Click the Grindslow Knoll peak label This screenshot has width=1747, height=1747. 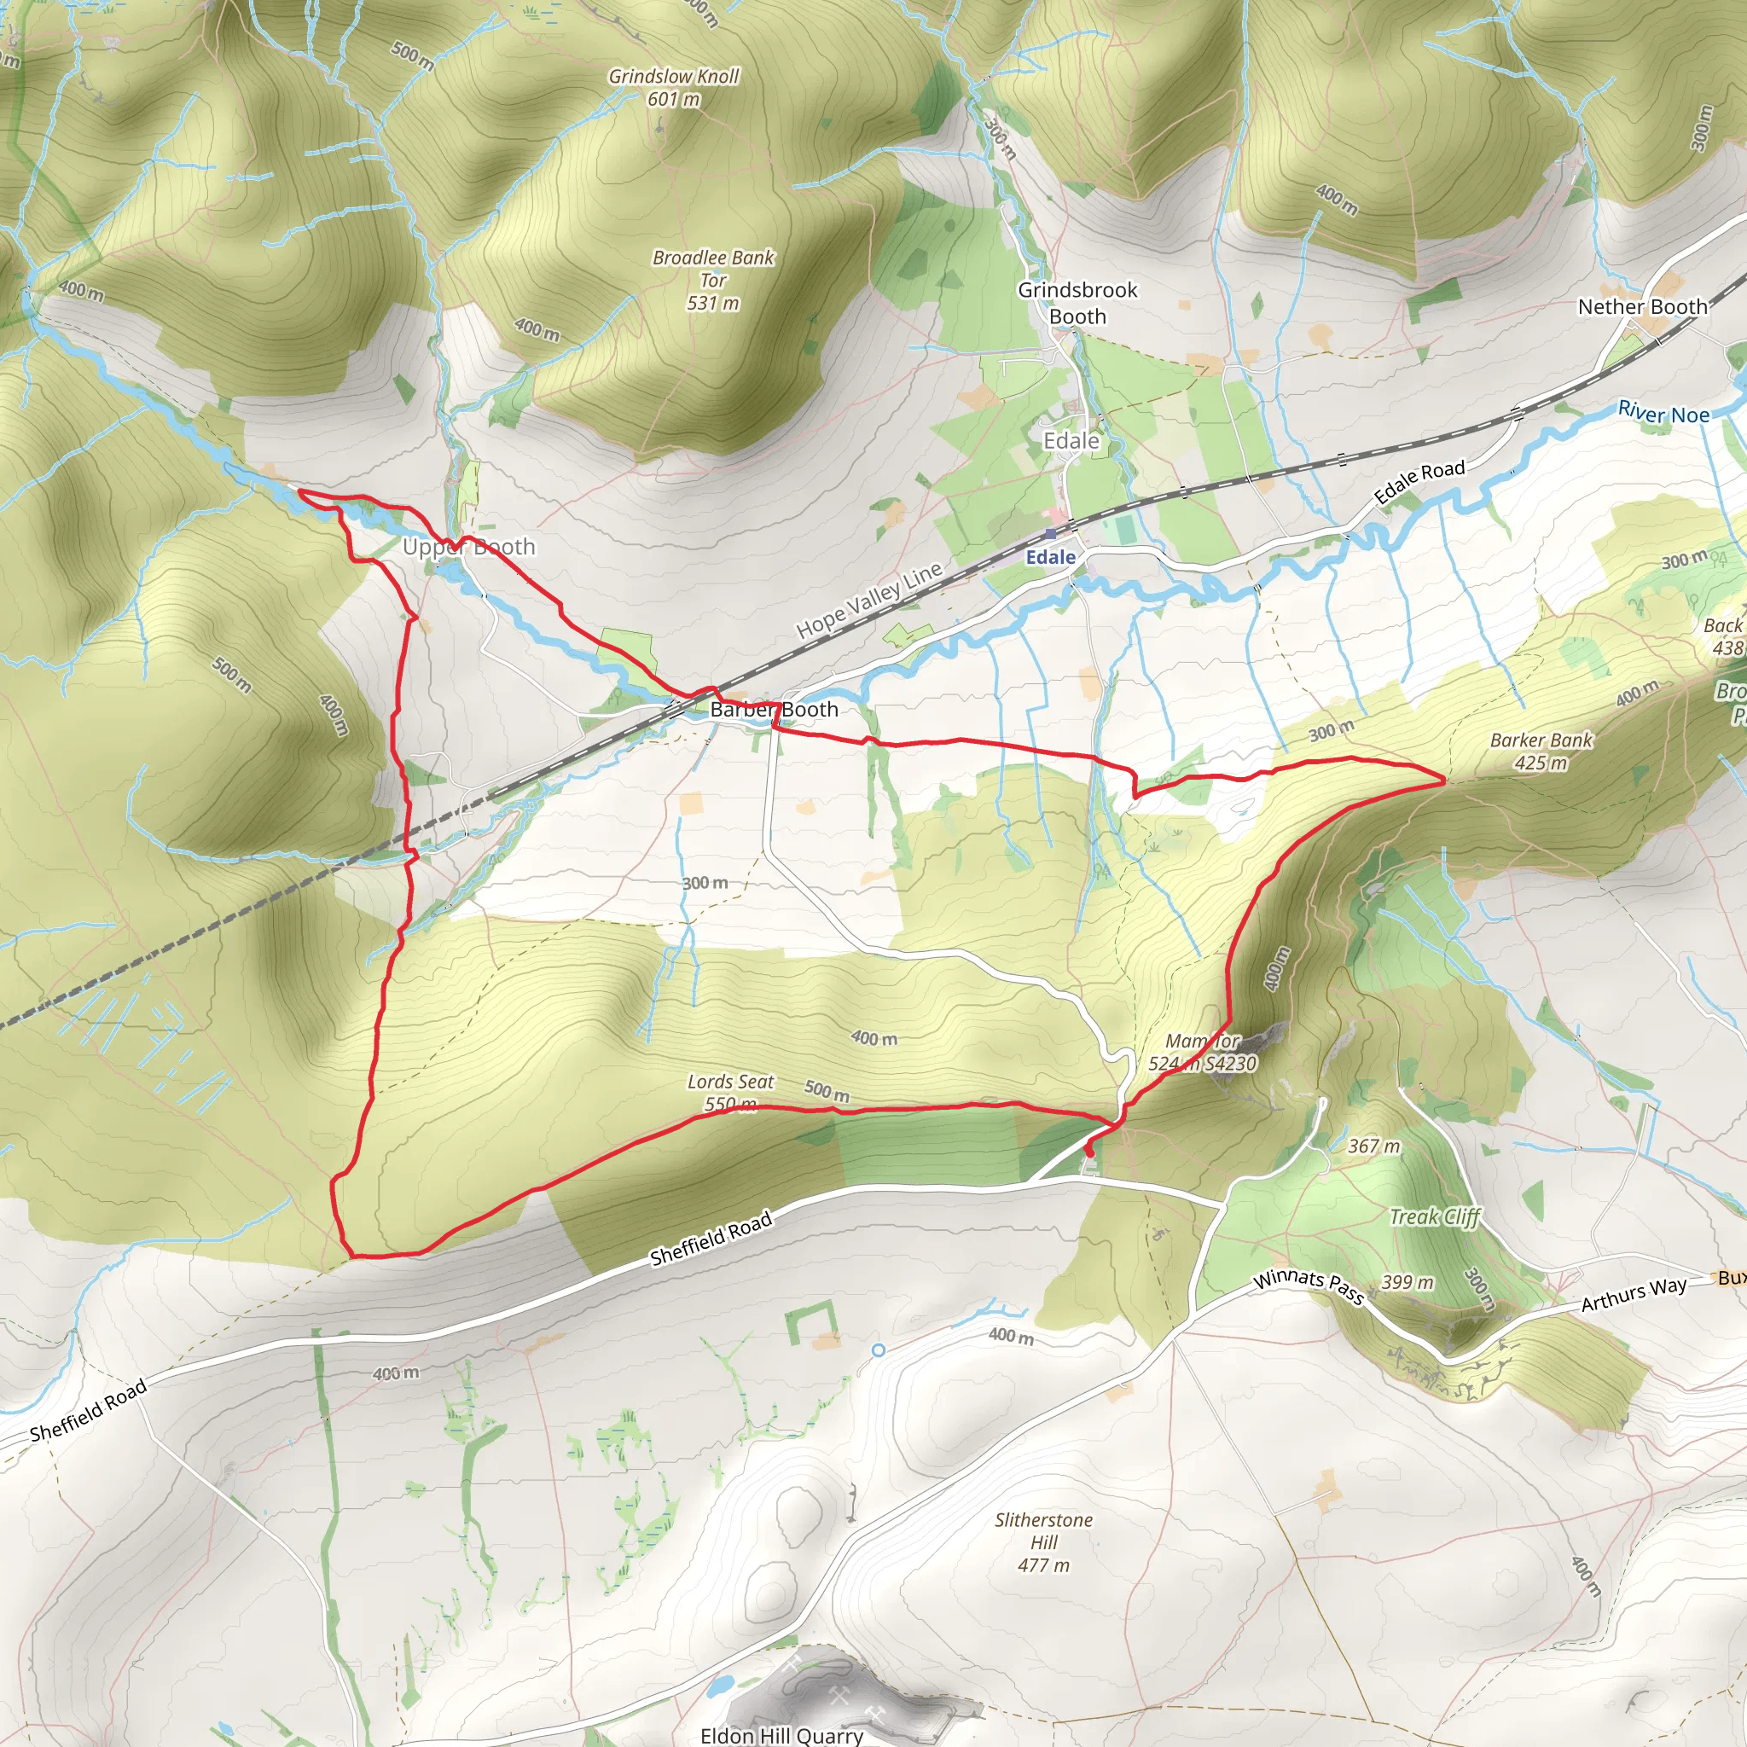pos(674,87)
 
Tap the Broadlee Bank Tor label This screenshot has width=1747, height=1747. pos(713,280)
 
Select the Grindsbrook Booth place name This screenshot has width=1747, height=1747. pos(1077,303)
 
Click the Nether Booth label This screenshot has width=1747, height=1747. pos(1642,306)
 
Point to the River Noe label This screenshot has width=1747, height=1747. pos(1663,413)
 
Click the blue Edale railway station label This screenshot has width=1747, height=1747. pos(1050,557)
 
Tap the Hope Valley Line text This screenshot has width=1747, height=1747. pos(869,601)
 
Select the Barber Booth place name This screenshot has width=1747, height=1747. pos(774,710)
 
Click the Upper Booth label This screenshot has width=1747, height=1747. pos(468,547)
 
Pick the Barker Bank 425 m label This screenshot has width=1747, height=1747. pos(1541,751)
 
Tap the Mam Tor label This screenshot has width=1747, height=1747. pos(1203,1052)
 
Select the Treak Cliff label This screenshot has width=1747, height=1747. pos(1434,1216)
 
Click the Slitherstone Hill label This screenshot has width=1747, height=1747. pos(1043,1541)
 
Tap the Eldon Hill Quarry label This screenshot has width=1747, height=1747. pos(781,1734)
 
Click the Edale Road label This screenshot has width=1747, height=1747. pos(1419,482)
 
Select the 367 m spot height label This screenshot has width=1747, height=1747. pos(1373,1146)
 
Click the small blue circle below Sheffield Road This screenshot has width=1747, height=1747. pos(878,1350)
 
